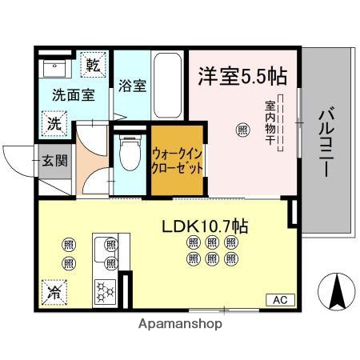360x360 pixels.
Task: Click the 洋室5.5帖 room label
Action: click(x=242, y=76)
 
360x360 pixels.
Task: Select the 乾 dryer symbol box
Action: click(x=94, y=65)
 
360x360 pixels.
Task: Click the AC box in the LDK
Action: click(x=280, y=299)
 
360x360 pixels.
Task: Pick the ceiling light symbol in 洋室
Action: click(x=242, y=128)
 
